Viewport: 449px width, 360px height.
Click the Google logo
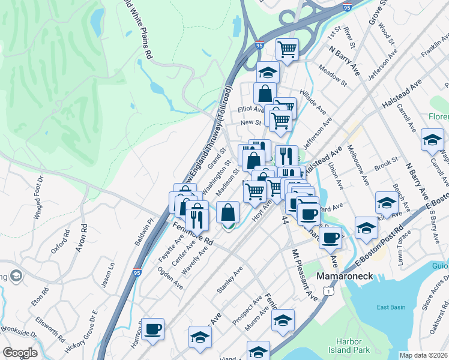20,352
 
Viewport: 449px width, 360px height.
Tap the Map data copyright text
423,355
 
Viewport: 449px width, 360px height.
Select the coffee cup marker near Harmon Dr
153,329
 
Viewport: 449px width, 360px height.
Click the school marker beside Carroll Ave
432,140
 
